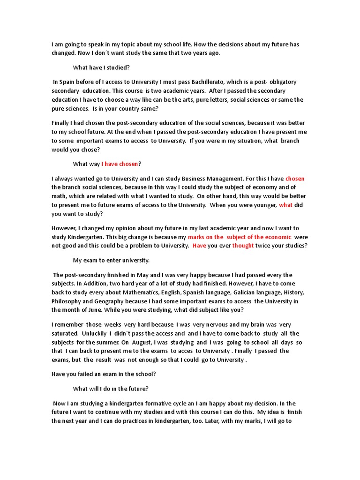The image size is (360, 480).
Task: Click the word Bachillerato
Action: (x=216, y=82)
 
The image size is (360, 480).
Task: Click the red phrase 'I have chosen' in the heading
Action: (x=120, y=164)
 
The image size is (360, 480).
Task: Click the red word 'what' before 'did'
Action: (x=285, y=205)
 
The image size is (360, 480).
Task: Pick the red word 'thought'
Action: (x=243, y=246)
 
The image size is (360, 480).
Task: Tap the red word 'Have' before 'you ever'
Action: (x=200, y=246)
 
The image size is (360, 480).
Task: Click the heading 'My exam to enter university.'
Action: (x=111, y=260)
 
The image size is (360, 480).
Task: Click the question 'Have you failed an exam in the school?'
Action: (x=104, y=374)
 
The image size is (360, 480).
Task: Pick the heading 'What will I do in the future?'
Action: (x=111, y=389)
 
